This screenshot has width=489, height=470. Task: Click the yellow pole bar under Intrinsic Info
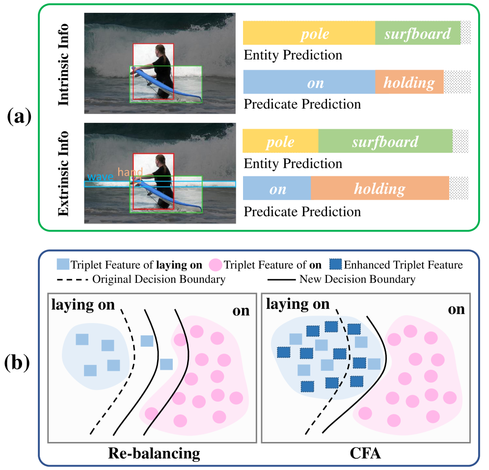[x=309, y=33]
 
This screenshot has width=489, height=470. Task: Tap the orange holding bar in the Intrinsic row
[x=409, y=83]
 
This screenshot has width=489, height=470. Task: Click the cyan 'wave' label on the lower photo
[x=101, y=177]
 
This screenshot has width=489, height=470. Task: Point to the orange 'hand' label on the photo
[x=130, y=172]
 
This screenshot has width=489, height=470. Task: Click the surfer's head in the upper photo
[x=160, y=51]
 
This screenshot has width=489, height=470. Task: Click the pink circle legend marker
[x=215, y=265]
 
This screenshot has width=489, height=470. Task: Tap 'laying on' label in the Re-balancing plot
[x=82, y=305]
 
